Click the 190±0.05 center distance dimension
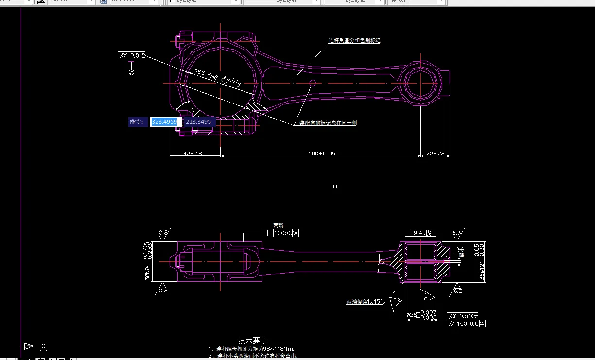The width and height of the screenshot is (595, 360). tap(321, 154)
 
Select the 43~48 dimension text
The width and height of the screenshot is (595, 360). tap(193, 154)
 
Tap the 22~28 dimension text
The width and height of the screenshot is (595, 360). tap(435, 154)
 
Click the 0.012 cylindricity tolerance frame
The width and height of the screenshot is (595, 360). tap(138, 56)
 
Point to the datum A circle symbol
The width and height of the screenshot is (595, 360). tap(131, 72)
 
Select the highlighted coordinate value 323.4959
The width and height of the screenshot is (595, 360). tap(164, 122)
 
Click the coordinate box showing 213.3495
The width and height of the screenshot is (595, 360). tap(198, 122)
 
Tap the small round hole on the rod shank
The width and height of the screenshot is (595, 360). tap(313, 83)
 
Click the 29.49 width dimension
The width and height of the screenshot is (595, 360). tap(419, 233)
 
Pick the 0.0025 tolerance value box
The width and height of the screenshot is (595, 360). tap(469, 316)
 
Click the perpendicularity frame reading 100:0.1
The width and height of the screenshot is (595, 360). tap(286, 233)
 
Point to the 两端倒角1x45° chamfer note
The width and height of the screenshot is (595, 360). tap(364, 302)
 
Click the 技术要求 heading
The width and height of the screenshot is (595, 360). tap(253, 341)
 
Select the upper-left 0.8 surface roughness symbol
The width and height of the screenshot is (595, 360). tap(163, 234)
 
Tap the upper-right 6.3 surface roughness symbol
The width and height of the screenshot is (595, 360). tap(456, 234)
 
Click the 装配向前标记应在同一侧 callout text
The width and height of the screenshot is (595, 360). tap(328, 123)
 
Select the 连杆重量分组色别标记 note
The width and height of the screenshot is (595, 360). tap(354, 41)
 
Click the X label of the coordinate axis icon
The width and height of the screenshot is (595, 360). tap(43, 346)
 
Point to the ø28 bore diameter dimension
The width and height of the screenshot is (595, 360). tap(413, 315)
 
